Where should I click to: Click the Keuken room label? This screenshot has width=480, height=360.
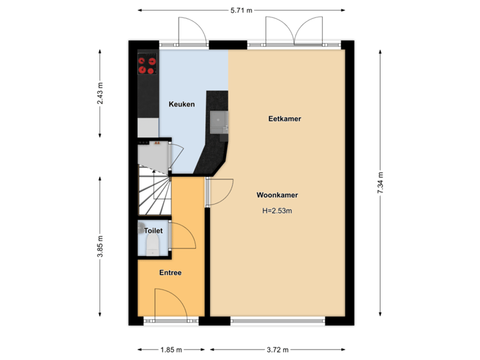click(181, 105)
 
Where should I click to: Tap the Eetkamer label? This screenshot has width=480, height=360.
click(285, 119)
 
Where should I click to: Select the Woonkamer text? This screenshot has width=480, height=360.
click(277, 195)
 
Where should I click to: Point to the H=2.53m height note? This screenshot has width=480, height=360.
click(277, 211)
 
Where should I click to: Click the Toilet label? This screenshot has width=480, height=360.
click(153, 231)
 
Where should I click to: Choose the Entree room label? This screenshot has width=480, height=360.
click(170, 273)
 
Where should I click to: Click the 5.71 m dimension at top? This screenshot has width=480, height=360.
click(241, 10)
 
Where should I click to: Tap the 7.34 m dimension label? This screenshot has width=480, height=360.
click(380, 182)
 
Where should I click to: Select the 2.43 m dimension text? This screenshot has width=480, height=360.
click(100, 93)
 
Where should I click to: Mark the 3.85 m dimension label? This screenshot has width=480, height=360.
click(100, 247)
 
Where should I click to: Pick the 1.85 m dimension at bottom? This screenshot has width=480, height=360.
click(170, 349)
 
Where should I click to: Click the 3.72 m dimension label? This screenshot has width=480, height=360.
click(278, 349)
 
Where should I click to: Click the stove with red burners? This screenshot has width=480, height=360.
click(147, 65)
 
